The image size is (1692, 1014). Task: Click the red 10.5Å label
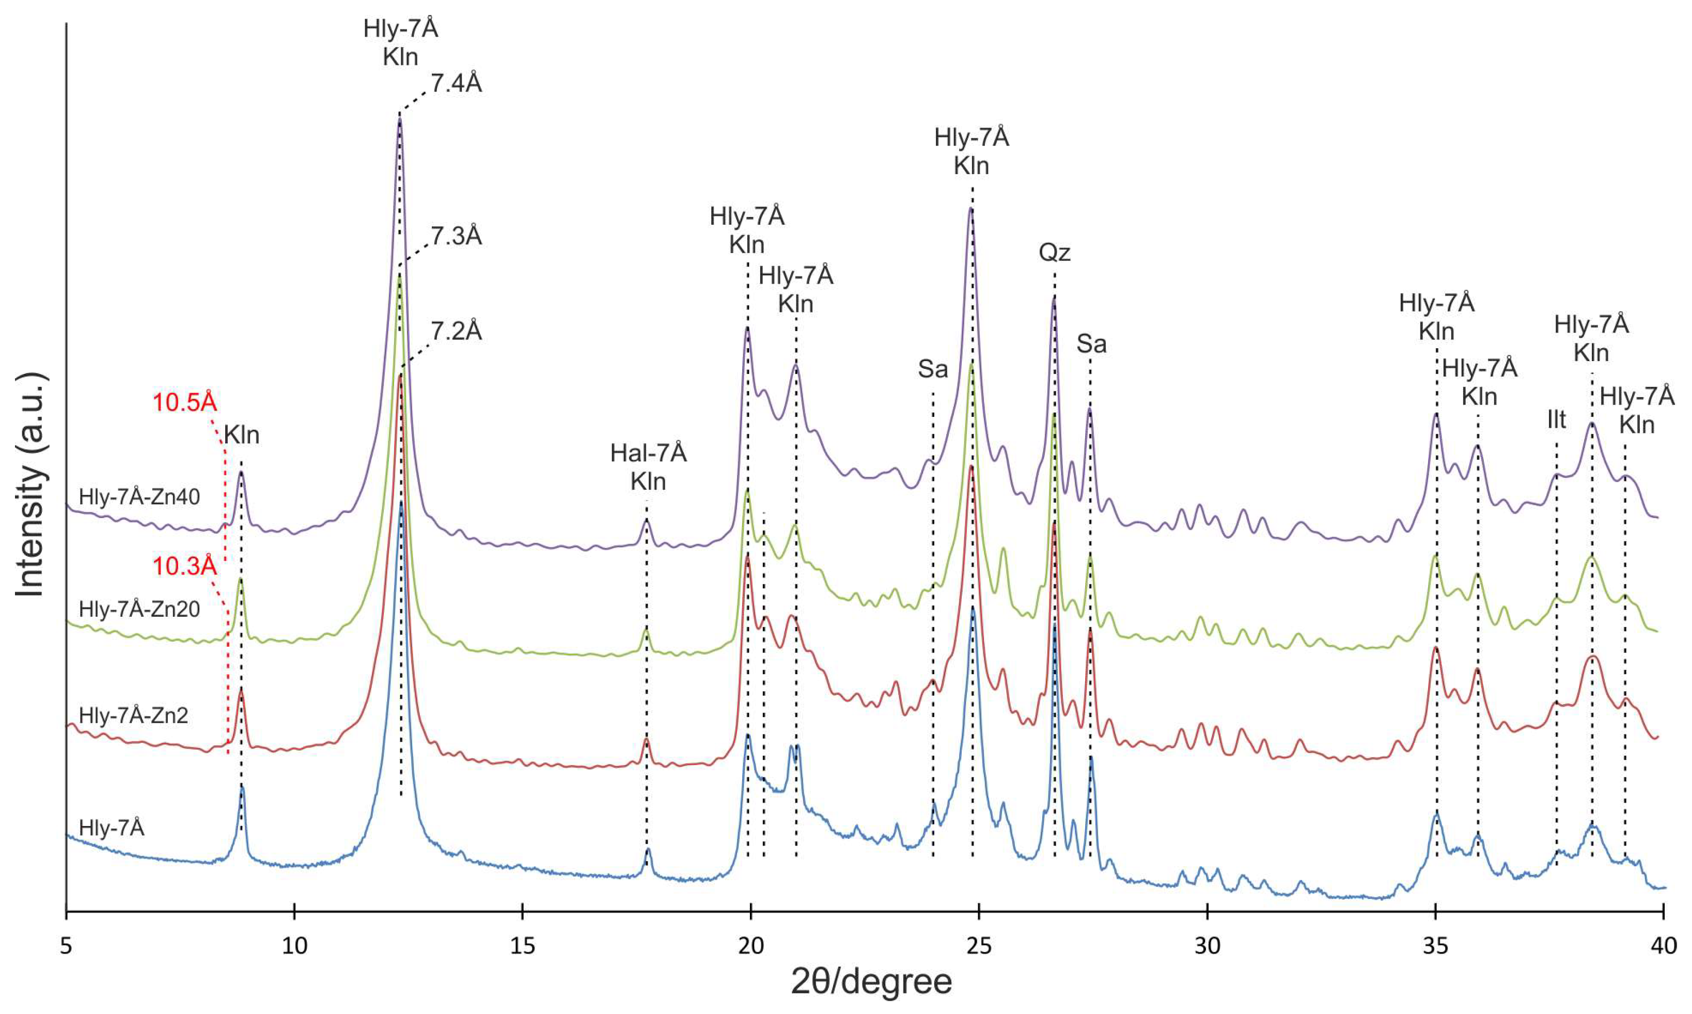pos(184,402)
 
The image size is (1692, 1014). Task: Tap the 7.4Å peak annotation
pos(456,83)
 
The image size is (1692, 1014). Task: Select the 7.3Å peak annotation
pos(456,236)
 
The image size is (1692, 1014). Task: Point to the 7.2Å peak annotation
pos(456,331)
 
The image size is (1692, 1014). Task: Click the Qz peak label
pos(1054,253)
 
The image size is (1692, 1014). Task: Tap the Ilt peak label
pos(1556,419)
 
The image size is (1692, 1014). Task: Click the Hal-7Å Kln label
pos(648,466)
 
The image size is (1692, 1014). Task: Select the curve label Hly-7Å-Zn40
pos(139,497)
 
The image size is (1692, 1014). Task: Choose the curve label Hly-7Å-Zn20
pos(139,609)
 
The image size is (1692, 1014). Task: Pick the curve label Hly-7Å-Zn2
pos(133,715)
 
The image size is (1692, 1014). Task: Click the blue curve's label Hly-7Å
pos(112,828)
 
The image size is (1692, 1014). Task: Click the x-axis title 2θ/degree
pos(871,982)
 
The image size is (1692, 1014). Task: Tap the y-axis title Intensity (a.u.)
pos(30,485)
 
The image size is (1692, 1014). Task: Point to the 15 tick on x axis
pos(523,946)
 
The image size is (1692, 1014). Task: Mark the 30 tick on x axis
pos(1207,946)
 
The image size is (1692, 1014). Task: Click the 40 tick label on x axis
pos(1663,946)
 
